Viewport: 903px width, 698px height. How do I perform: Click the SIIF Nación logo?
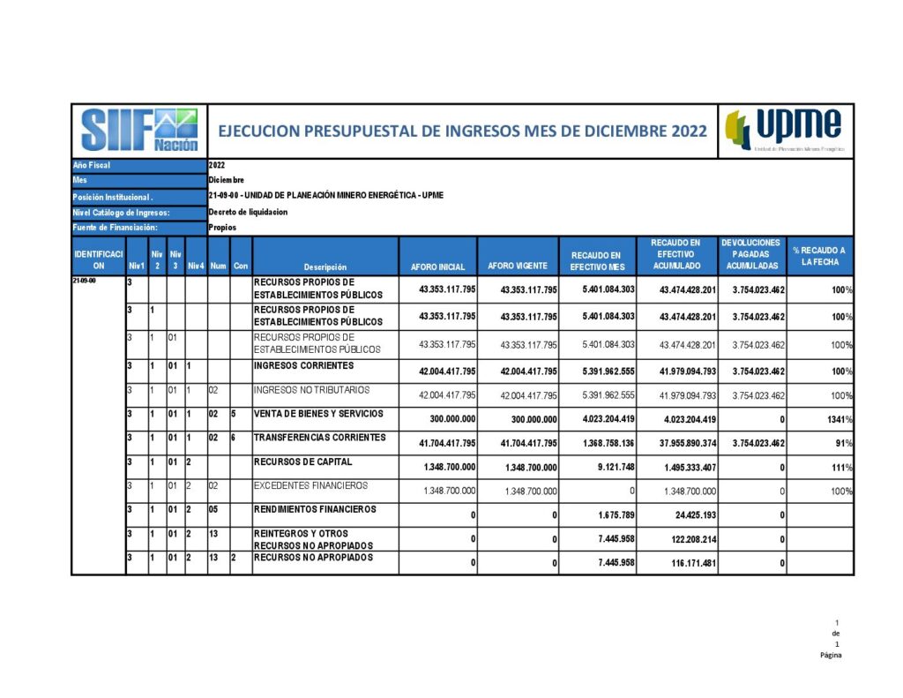(139, 131)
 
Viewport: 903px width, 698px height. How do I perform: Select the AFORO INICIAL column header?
(437, 266)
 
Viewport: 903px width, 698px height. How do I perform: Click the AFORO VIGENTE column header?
(518, 266)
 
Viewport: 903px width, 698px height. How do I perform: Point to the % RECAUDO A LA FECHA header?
(818, 257)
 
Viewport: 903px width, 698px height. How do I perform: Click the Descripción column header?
(325, 266)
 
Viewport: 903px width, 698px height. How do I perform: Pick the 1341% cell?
(837, 420)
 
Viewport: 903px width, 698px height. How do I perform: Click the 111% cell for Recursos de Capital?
(840, 468)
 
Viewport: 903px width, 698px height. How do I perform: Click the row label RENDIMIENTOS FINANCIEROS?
(315, 509)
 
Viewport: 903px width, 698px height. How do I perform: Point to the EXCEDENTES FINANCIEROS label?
(310, 485)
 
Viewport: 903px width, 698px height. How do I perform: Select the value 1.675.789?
(612, 515)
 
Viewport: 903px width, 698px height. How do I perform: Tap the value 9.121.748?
(612, 468)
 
